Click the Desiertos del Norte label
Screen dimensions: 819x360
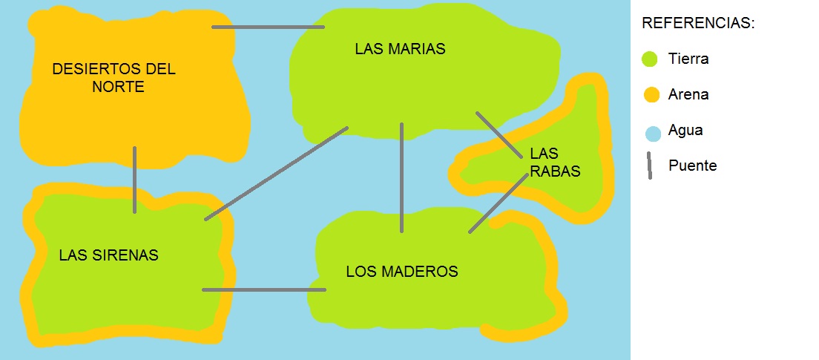coord(114,78)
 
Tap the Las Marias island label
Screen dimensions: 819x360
coord(400,50)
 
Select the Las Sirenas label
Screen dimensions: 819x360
coord(108,255)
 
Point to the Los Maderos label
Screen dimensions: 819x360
coord(402,272)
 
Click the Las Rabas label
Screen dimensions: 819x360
coord(555,163)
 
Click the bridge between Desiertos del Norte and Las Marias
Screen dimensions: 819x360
coord(268,27)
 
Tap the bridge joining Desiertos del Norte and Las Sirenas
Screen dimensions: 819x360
coord(134,180)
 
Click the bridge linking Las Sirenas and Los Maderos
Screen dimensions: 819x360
coord(263,289)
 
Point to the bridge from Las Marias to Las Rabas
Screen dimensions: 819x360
coord(499,134)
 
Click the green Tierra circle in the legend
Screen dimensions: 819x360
coord(651,59)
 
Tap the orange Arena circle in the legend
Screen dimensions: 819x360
coord(651,95)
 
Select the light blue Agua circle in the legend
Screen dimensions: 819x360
coord(652,134)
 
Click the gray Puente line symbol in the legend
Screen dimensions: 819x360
coord(648,166)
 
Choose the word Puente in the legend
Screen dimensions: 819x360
coord(692,166)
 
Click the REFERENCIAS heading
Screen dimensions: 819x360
coord(698,24)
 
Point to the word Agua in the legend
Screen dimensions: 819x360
coord(685,131)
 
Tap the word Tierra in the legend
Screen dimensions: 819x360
coord(688,59)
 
